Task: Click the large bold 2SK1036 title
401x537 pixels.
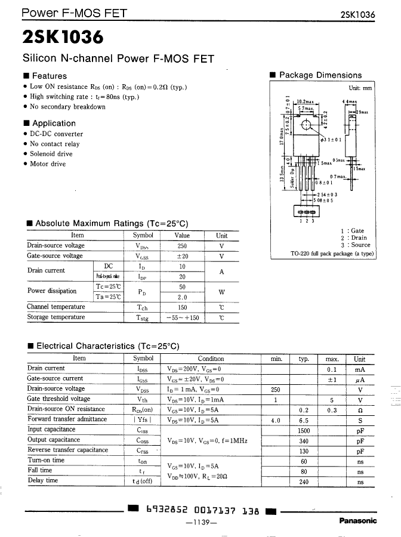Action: pyautogui.click(x=63, y=37)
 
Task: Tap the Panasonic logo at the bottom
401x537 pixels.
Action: pyautogui.click(x=358, y=520)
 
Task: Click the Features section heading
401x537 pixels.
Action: pyautogui.click(x=49, y=76)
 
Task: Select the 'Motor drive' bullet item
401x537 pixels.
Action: pyautogui.click(x=48, y=164)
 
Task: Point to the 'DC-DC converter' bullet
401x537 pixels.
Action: pyautogui.click(x=56, y=134)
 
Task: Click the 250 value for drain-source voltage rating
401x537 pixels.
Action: pyautogui.click(x=182, y=246)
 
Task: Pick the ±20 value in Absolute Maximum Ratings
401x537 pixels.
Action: pyautogui.click(x=182, y=256)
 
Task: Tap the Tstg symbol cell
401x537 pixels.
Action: pyautogui.click(x=143, y=318)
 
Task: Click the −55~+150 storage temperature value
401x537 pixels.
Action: pyautogui.click(x=182, y=318)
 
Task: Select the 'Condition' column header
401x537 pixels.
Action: pyautogui.click(x=211, y=359)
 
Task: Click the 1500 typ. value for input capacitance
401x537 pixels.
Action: pyautogui.click(x=304, y=430)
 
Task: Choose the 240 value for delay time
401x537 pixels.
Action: pyautogui.click(x=304, y=482)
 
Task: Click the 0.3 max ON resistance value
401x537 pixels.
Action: pyautogui.click(x=332, y=410)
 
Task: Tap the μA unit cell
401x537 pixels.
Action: pyautogui.click(x=359, y=379)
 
